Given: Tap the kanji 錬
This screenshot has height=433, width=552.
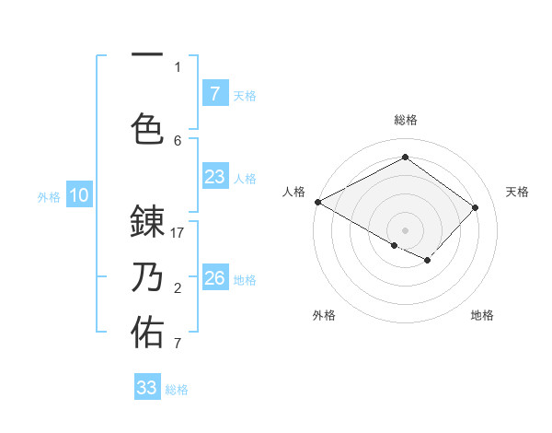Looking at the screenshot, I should coord(148,223).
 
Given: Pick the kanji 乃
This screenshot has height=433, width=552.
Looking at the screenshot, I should coord(148,277).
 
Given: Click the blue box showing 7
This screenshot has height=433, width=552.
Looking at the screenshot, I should coord(214,94).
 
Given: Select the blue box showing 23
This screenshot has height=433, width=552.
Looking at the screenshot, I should coord(214,177).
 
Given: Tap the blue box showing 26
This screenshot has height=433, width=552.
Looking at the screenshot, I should coord(214,278).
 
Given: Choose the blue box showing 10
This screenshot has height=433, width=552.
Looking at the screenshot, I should coord(79,195).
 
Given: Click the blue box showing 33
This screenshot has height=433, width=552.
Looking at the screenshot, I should coord(147,388).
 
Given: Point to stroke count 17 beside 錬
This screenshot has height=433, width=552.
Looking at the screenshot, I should coord(178,234).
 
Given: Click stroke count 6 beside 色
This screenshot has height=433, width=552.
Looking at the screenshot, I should coord(178,140).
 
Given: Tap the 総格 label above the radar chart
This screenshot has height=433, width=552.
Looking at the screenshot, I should coord(405,120).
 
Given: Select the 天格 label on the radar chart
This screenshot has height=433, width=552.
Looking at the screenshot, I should coord(517,192).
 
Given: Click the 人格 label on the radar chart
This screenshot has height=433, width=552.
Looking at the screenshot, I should coord(293,192).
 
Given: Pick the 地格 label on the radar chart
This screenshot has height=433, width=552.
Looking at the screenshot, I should coord(482,315).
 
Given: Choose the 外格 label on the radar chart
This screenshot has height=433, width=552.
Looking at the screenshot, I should coord(324,315).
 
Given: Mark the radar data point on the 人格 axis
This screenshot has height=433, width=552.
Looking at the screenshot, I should coord(317,202).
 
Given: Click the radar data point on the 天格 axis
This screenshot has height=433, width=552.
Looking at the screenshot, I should coord(476,207).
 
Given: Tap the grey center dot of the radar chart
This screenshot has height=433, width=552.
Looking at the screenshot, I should coord(405,229).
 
